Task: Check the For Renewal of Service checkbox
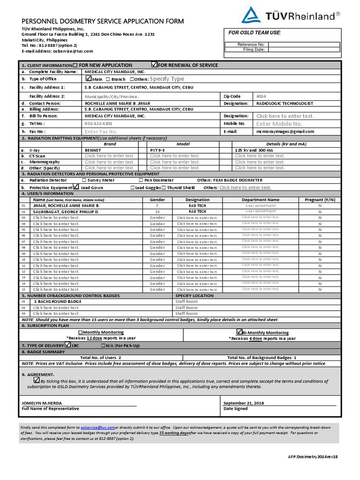point(154,64)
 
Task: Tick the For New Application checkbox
point(75,65)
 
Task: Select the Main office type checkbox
point(89,78)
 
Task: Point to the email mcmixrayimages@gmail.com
point(285,132)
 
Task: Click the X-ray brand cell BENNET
point(93,150)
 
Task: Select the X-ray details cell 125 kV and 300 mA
point(257,150)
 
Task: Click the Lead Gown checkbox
point(76,187)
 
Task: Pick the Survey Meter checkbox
point(84,180)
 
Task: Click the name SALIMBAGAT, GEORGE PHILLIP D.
point(66,212)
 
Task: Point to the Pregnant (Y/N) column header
point(320,200)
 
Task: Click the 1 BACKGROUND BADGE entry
point(57,301)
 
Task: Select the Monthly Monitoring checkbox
point(80,332)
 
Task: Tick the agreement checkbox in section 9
point(36,380)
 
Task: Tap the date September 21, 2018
point(243,403)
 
